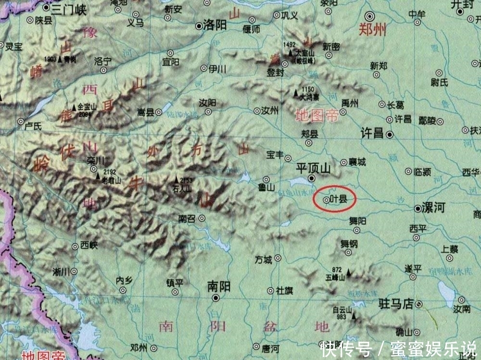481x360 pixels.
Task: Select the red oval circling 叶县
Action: point(334,199)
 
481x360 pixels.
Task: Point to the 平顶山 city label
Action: point(313,168)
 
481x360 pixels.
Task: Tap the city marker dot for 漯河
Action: point(418,209)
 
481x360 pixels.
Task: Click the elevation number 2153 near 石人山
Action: point(187,180)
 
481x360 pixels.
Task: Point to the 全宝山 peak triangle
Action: point(74,107)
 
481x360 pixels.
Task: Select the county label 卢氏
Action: point(34,125)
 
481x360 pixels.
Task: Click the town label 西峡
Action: point(89,245)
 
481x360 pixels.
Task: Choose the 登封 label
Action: point(276,73)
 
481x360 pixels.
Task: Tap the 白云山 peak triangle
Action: point(354,316)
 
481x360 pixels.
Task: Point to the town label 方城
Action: point(264,260)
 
